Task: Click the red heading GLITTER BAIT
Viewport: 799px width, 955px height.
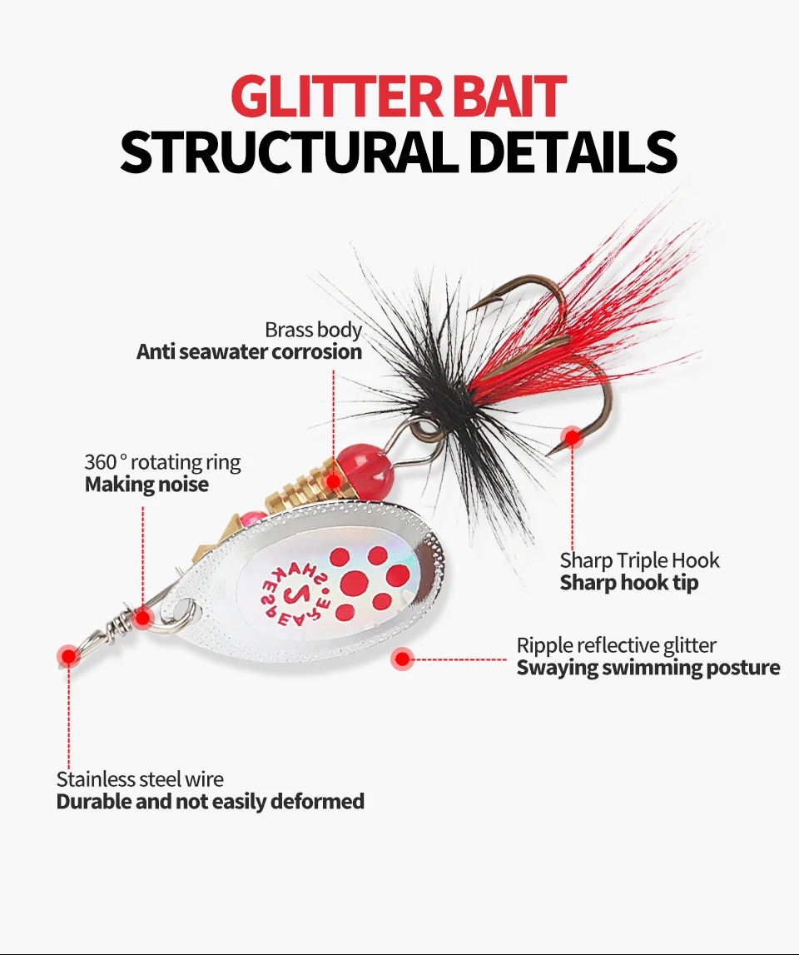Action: click(399, 97)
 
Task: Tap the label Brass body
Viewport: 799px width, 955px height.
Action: click(313, 330)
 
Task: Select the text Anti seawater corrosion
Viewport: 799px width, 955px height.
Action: click(249, 352)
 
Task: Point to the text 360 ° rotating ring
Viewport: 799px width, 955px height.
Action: click(162, 462)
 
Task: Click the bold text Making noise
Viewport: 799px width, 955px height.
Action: click(146, 485)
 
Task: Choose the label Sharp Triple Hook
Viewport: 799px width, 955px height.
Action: click(639, 560)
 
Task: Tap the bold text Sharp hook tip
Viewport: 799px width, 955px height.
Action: click(628, 583)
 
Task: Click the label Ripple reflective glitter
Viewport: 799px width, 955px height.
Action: click(616, 645)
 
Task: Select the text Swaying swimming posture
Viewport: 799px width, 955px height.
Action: click(648, 668)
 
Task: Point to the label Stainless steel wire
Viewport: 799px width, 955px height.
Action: click(140, 779)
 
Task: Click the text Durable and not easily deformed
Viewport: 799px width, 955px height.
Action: click(210, 802)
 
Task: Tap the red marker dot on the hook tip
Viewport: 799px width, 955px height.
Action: click(572, 437)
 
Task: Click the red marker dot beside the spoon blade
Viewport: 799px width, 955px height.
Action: click(403, 659)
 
